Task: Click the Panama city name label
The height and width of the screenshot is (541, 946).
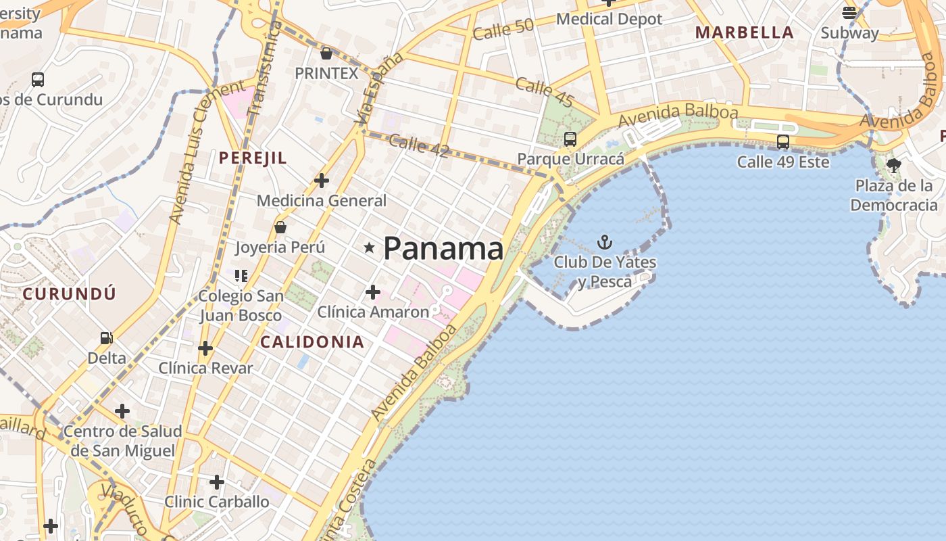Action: click(443, 249)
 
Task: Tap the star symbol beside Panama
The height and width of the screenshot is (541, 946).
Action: click(369, 248)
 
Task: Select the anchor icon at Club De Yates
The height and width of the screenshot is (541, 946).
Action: click(605, 242)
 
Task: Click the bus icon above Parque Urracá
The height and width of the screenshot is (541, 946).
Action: click(570, 139)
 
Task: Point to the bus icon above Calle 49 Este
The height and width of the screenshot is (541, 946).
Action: click(783, 142)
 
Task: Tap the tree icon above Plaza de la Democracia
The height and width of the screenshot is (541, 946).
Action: click(894, 165)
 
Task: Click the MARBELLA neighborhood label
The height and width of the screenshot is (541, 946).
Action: click(745, 32)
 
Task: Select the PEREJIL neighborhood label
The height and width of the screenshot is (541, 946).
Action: click(253, 158)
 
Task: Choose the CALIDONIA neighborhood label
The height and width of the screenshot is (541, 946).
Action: click(312, 342)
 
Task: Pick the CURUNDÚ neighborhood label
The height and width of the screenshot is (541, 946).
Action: click(69, 294)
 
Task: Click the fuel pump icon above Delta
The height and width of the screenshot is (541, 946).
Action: click(106, 337)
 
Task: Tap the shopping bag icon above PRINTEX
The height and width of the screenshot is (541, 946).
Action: click(326, 53)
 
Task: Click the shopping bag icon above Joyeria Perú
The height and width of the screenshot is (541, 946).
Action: click(280, 227)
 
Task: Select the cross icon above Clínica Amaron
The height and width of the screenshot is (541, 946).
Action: click(372, 292)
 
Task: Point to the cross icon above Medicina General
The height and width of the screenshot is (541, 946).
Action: click(322, 181)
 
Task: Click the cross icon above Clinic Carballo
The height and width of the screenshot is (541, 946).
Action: click(216, 482)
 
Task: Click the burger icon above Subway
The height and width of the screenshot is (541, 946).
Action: click(849, 12)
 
